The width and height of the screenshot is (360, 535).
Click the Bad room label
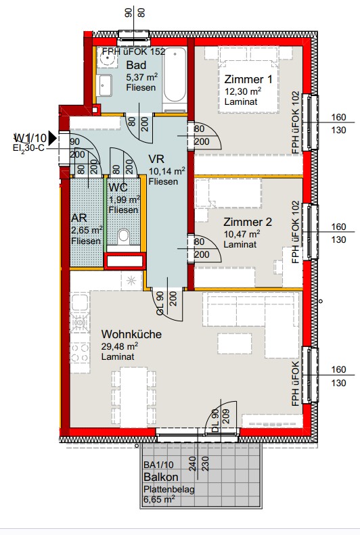[136, 65]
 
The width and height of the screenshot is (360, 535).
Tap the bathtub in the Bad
[175, 80]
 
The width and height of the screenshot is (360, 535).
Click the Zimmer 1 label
[248, 80]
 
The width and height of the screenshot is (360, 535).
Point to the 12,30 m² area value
[243, 91]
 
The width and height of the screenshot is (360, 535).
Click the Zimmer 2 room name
[248, 222]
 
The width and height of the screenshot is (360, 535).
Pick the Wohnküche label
[131, 334]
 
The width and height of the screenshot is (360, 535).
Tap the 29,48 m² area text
[120, 346]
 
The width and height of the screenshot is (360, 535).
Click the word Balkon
[161, 477]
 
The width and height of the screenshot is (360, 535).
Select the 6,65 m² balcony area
[159, 500]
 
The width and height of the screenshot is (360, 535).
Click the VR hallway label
[156, 159]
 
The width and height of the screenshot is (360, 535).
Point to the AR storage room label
[78, 218]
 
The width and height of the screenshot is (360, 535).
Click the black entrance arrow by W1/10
[53, 138]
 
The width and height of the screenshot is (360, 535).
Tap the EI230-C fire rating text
[28, 148]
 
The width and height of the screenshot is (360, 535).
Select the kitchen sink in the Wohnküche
[80, 302]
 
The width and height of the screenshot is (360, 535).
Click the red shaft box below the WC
[125, 261]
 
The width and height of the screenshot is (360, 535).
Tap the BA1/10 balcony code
[158, 465]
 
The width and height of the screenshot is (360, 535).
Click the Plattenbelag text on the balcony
[169, 489]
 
